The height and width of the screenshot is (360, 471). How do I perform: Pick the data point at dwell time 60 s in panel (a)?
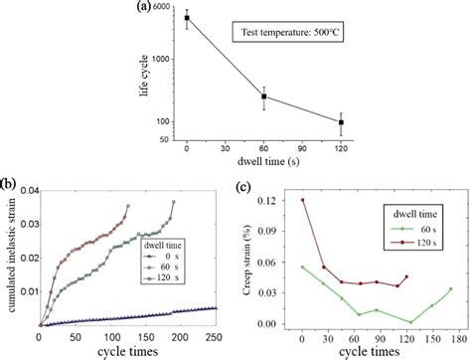coord(263,96)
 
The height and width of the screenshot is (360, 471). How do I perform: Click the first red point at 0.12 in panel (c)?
coord(301,200)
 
